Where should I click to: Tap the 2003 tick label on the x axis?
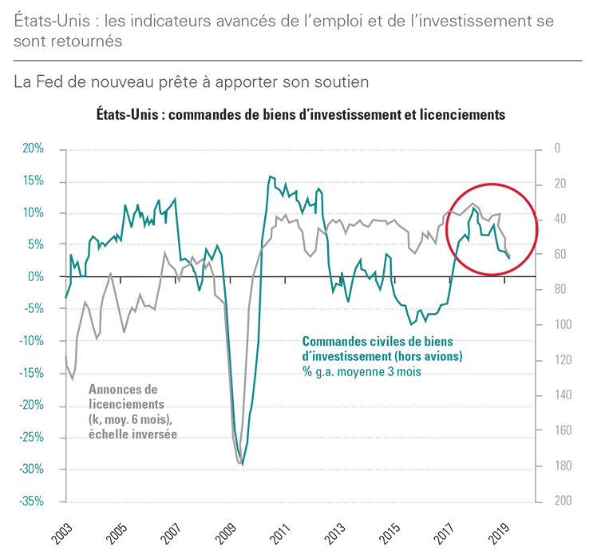pos(64,533)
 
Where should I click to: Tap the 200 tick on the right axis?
pos(562,501)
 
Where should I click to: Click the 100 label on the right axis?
pos(562,325)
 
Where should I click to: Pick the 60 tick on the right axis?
pos(560,254)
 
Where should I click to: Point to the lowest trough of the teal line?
pos(243,465)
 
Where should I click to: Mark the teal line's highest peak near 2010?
pos(270,176)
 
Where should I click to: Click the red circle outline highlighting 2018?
pos(492,184)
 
